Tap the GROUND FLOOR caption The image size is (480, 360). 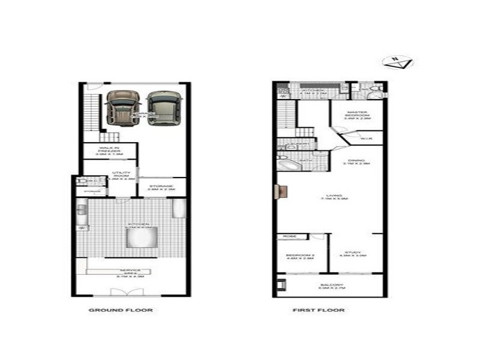pos(121,310)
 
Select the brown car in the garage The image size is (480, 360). pos(122,107)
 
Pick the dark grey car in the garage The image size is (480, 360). pos(164,107)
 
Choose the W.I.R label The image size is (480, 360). pos(367,139)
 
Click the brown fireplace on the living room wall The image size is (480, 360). pos(279,191)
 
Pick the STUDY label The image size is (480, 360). pos(352,254)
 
